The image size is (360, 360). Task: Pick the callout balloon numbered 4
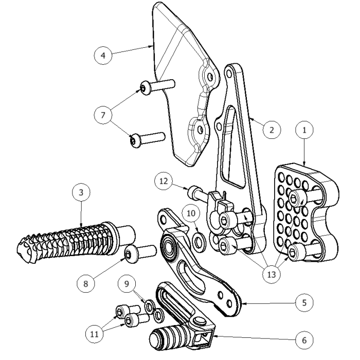pyautogui.click(x=103, y=55)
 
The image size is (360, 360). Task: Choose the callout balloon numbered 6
pyautogui.click(x=304, y=340)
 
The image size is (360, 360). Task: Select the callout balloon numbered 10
pyautogui.click(x=191, y=212)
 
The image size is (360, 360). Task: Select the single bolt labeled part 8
pyautogui.click(x=139, y=253)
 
